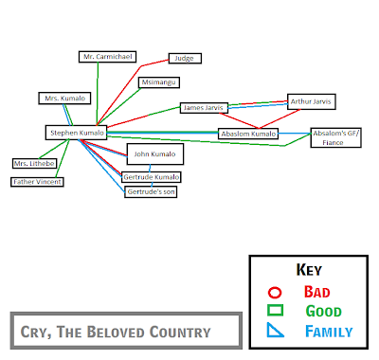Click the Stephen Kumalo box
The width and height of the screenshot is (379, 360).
pos(76,133)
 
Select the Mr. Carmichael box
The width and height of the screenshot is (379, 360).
pos(107,57)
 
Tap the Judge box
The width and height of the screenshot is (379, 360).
pos(185,59)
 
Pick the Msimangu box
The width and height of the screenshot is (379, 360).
pos(159,82)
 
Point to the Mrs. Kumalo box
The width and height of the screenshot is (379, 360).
pos(64,99)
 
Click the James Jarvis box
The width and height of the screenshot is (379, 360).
pos(204,108)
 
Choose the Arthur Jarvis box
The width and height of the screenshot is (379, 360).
pos(311,101)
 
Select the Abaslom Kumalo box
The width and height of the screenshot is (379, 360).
pos(248,134)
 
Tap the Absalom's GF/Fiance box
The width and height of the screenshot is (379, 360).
pos(335,137)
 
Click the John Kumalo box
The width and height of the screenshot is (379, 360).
pos(155,154)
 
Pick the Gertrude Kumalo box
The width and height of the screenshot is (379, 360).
pos(152,177)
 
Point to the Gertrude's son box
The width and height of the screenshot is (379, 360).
pos(151,192)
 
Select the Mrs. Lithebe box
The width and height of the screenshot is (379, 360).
pos(34,164)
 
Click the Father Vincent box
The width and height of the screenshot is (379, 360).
pos(37,182)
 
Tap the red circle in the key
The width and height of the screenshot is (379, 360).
pos(275,293)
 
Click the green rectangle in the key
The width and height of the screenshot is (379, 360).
pos(275,310)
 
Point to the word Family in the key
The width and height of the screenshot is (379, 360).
pos(329,332)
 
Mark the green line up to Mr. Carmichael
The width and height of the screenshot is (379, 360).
pos(98,94)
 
